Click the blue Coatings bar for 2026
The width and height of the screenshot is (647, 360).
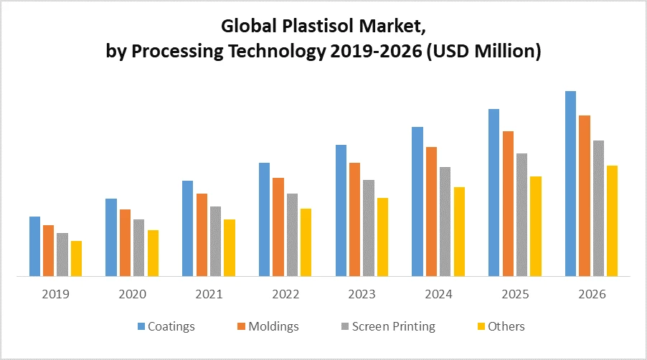pos(570,184)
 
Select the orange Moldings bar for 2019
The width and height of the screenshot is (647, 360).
pos(48,250)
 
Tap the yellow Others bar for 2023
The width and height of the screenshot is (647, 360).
pos(382,237)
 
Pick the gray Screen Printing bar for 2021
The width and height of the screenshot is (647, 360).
pos(215,241)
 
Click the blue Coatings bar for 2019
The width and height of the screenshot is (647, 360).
pos(34,246)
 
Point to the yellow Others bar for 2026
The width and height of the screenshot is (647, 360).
pos(612,221)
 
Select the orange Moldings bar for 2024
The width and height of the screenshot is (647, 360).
pos(431,212)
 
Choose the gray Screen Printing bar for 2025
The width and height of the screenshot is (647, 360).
pos(521,214)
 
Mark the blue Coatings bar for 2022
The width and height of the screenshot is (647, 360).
pos(264,219)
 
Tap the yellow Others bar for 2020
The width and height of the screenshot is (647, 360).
pos(153,252)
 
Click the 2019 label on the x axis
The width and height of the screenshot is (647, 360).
pos(56,295)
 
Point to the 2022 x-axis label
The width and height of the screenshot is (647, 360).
pos(285,295)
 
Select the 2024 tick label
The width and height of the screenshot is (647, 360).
pos(438,295)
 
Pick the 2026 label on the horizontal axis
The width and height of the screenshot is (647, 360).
pos(591,295)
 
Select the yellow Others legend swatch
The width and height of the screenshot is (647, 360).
pos(480,327)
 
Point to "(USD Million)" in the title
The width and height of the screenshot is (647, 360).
pos(483,52)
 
